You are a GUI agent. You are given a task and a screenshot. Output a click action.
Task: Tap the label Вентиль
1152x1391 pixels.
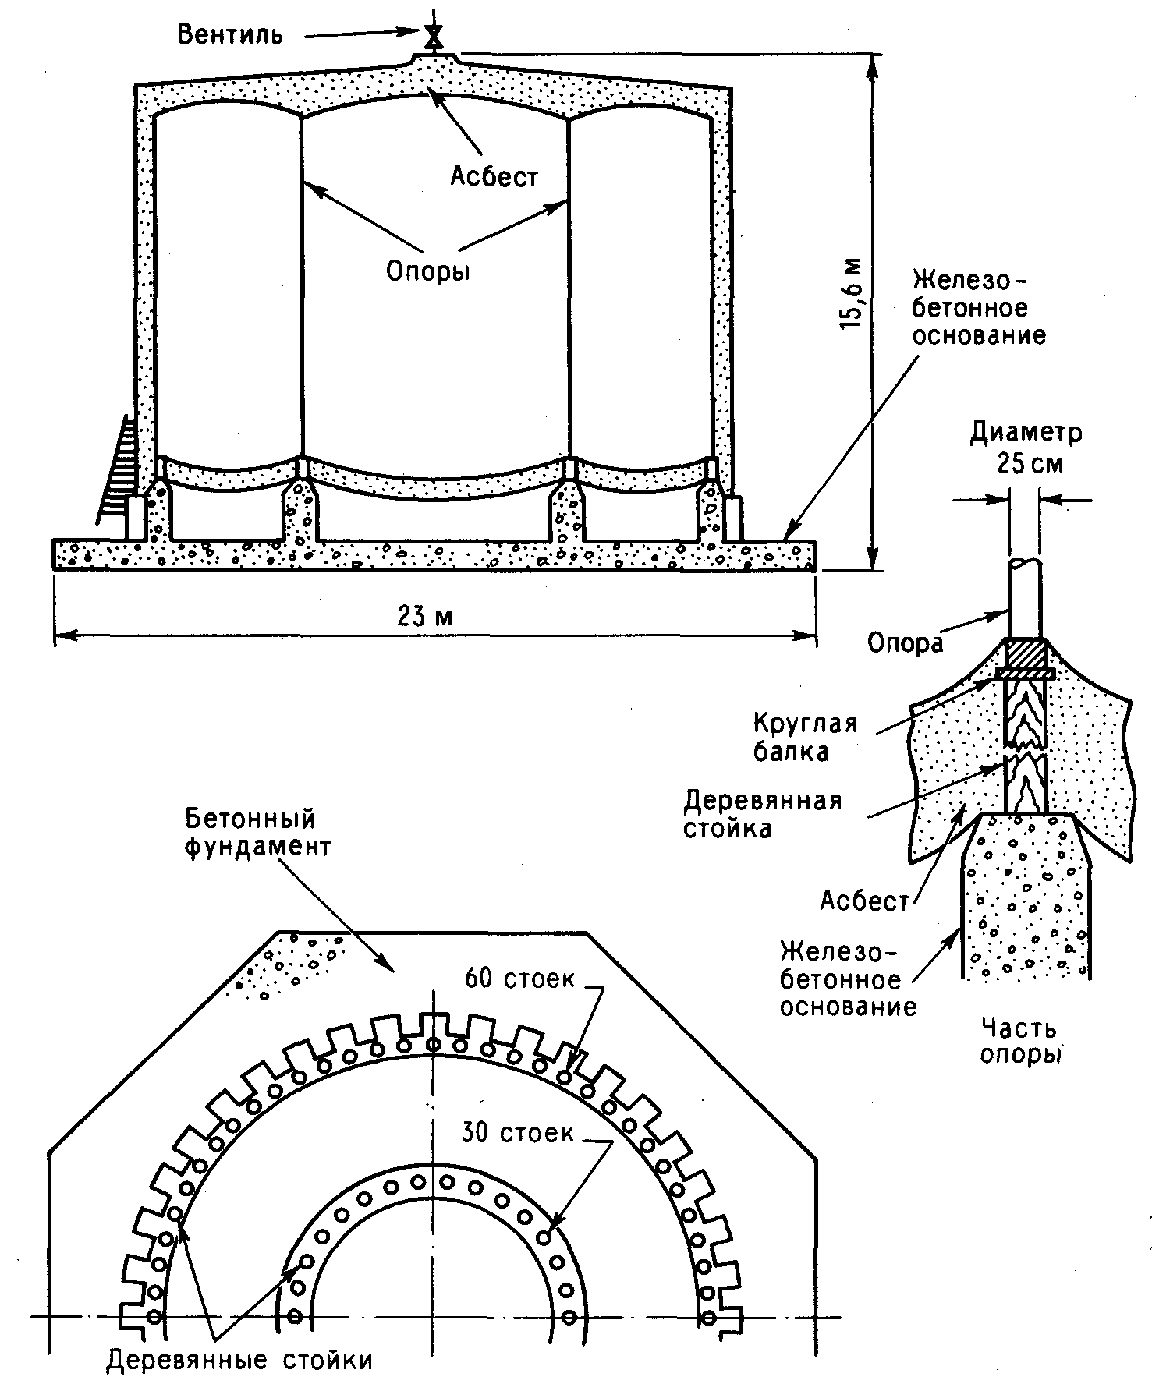(x=230, y=36)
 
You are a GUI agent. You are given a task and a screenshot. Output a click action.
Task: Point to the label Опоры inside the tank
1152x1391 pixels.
(x=428, y=271)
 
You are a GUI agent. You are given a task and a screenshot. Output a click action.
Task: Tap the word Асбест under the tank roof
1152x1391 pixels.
(x=494, y=177)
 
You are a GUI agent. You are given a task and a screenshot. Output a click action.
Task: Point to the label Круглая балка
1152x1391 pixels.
(x=805, y=736)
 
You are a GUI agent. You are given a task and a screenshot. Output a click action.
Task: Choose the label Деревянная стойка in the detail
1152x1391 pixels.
(x=763, y=814)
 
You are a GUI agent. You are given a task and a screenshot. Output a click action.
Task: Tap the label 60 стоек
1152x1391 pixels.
(x=519, y=978)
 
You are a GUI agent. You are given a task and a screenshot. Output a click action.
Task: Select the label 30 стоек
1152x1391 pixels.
(x=517, y=1132)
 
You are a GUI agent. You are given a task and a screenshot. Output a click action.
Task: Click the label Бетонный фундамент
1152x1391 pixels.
(x=257, y=833)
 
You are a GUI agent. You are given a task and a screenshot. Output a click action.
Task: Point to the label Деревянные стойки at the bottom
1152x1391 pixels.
(x=240, y=1361)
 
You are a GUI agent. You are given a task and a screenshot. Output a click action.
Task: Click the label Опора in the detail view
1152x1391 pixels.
(x=905, y=642)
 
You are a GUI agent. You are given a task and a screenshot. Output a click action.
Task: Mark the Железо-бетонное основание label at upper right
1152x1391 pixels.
(x=979, y=307)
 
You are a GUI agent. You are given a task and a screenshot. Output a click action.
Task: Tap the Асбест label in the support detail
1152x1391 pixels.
(x=865, y=901)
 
